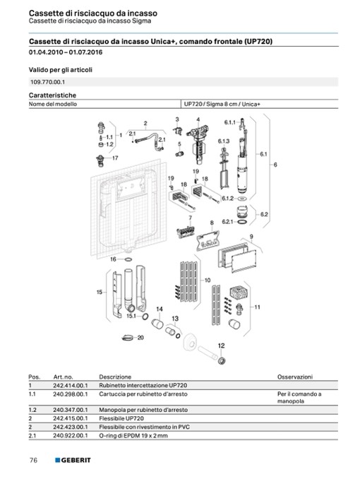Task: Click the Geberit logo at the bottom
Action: pos(73,460)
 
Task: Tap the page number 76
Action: pos(33,460)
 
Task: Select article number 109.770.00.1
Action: pos(47,82)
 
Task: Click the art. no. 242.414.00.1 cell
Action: pos(70,386)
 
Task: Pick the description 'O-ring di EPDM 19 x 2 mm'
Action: pos(133,436)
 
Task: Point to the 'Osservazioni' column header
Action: pos(294,377)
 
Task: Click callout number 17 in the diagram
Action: pos(115,158)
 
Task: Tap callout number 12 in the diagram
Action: pos(222,345)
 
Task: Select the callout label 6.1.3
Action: pos(224,141)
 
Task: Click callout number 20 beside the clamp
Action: pos(140,338)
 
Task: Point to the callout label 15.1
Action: pos(131,316)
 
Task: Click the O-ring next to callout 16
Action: pos(128,259)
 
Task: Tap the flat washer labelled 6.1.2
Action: pos(242,199)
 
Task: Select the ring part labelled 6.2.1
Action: pos(242,222)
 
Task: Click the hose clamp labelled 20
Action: pos(128,338)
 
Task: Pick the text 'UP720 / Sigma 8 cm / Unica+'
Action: pos(222,104)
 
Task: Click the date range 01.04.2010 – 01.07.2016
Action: pos(66,52)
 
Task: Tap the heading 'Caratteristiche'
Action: pos(52,95)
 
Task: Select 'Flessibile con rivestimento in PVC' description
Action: pos(144,427)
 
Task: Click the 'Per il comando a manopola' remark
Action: pos(299,398)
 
